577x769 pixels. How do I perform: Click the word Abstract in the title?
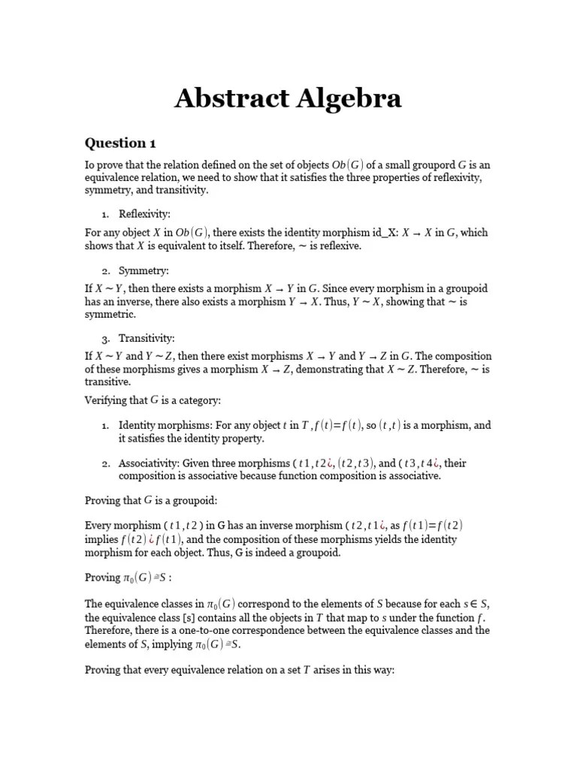point(228,98)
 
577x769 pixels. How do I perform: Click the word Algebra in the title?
point(344,98)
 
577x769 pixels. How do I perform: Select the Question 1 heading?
point(120,143)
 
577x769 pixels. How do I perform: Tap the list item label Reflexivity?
point(145,215)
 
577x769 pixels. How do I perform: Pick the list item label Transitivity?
point(147,339)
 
